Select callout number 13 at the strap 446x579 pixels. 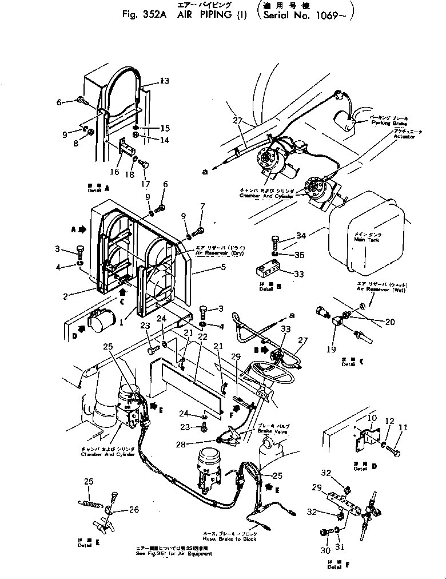click(x=165, y=81)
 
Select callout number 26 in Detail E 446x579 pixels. click(x=133, y=510)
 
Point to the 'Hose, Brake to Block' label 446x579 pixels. click(x=229, y=539)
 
